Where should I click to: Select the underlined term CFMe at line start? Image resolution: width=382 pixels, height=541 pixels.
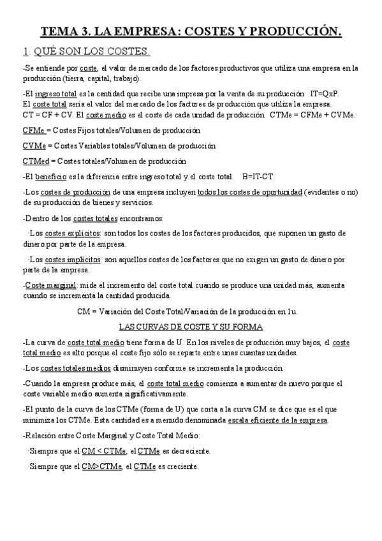pyautogui.click(x=33, y=130)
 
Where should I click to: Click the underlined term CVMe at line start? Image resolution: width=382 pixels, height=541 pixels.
pyautogui.click(x=33, y=145)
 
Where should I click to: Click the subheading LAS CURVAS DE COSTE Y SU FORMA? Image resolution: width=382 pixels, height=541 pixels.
pyautogui.click(x=191, y=327)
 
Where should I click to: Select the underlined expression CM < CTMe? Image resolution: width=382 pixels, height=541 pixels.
pyautogui.click(x=103, y=452)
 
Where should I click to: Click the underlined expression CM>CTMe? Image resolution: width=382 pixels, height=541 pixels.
pyautogui.click(x=102, y=466)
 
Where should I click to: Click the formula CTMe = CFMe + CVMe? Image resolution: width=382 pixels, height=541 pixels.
pyautogui.click(x=312, y=115)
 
